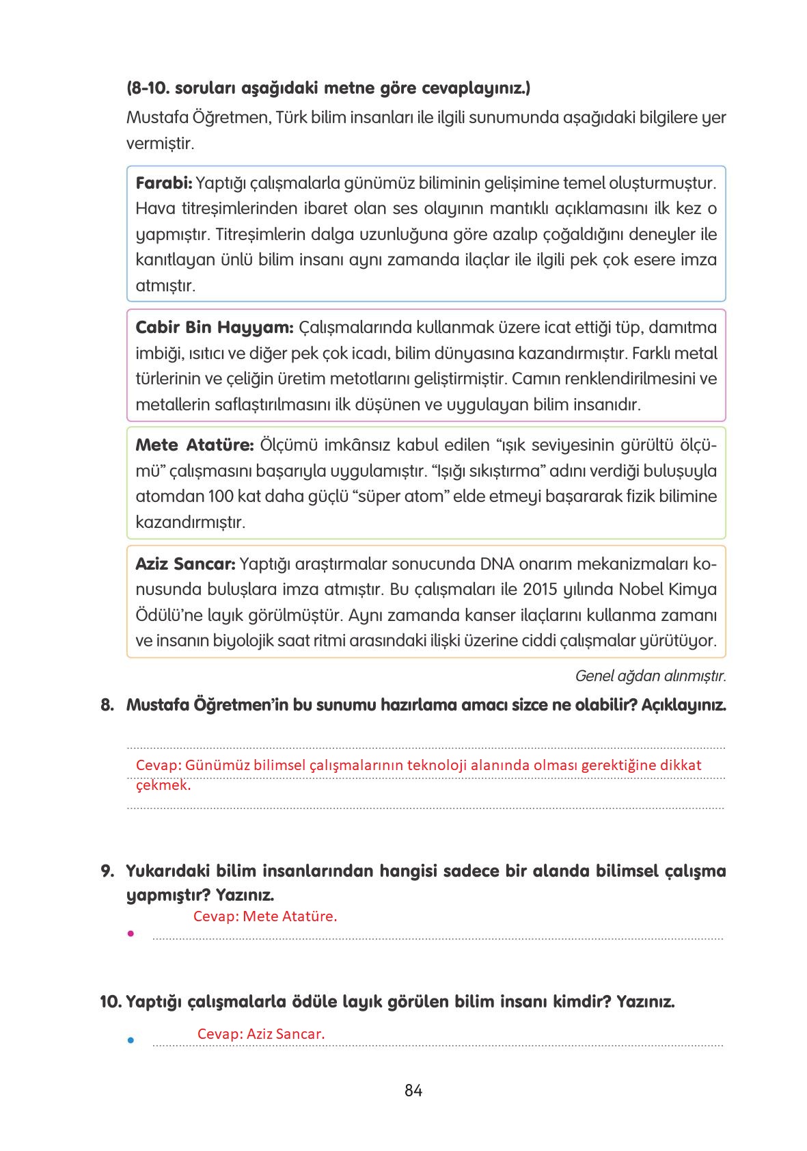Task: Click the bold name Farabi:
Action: click(x=164, y=183)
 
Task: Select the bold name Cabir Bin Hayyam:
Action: click(x=214, y=328)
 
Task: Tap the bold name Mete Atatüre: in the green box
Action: click(x=195, y=446)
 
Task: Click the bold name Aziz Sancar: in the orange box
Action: click(x=185, y=564)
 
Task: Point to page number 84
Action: click(x=413, y=1091)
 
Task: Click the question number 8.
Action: click(x=107, y=705)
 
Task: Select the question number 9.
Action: click(x=107, y=871)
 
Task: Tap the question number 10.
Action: click(x=110, y=1003)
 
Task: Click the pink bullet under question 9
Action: click(x=130, y=933)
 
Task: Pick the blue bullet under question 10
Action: click(x=130, y=1040)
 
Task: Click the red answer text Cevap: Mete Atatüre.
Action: click(x=265, y=916)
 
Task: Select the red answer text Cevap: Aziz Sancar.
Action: click(x=260, y=1034)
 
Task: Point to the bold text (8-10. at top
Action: click(x=148, y=89)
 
